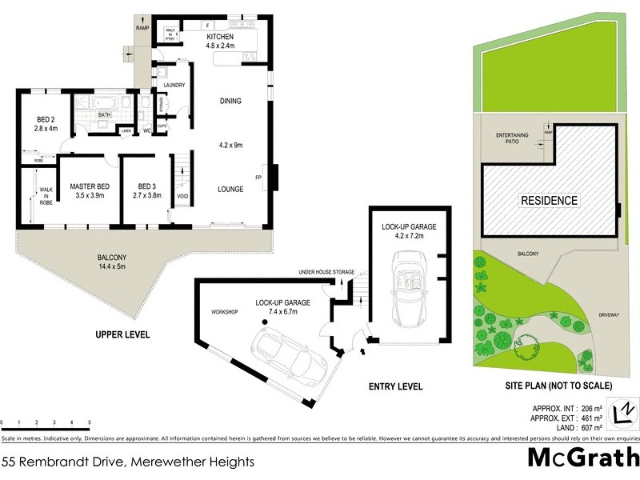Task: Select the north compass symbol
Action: point(623,411)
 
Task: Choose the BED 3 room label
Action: point(149,186)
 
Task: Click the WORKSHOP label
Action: point(226,311)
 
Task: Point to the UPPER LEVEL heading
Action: point(122,334)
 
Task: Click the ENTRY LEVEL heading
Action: point(395,386)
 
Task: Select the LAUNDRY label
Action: point(174,86)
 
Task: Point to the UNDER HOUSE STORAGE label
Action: point(326,273)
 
